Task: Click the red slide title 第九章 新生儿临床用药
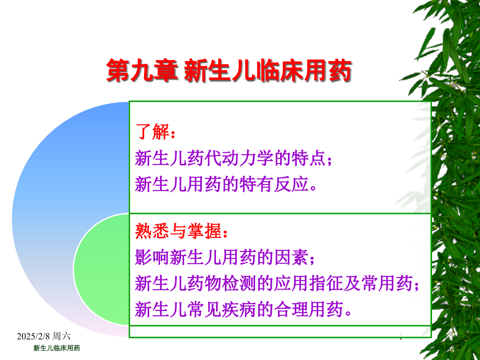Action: (229, 71)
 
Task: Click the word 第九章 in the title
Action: (142, 71)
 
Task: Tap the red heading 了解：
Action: (155, 131)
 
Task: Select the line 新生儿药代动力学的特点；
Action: (234, 158)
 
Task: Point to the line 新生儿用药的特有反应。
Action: (226, 184)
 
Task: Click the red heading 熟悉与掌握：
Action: (182, 231)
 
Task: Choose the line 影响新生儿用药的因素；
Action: (225, 257)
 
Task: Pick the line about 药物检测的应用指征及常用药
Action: (277, 283)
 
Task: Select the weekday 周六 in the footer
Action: (62, 336)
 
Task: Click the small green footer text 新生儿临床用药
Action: (57, 348)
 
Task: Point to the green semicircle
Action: (101, 269)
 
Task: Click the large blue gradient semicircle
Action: (46, 214)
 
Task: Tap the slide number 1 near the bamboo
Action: (401, 337)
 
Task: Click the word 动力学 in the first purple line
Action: (248, 158)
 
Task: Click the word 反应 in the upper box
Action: (291, 184)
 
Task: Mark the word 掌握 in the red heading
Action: (204, 231)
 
